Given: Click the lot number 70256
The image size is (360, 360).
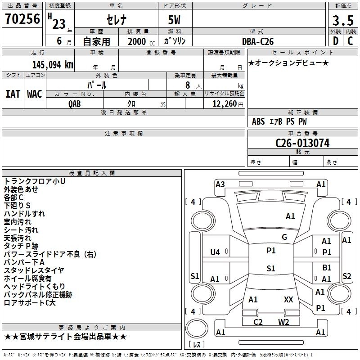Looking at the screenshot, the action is click(22, 19).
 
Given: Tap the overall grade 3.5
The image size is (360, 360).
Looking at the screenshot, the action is click(342, 21).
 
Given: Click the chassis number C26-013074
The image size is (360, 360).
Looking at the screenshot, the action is click(302, 143).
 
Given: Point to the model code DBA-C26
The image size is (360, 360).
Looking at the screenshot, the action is click(258, 41).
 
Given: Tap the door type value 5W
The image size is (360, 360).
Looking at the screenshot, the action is click(175, 20).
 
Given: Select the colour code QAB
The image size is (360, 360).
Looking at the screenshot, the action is click(75, 103).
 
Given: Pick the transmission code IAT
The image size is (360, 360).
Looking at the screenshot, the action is click(13, 94).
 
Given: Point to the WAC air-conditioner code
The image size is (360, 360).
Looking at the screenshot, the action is click(35, 94).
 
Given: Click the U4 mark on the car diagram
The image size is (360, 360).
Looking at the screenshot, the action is click(215, 252).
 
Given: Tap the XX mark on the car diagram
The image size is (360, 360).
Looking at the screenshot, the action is click(288, 299).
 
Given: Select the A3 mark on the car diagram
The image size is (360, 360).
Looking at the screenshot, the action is click(220, 184).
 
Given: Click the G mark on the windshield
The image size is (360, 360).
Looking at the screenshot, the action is click(284, 237).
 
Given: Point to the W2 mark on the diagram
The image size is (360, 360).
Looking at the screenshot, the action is click(283, 322).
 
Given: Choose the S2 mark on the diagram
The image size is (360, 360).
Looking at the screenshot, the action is click(347, 276).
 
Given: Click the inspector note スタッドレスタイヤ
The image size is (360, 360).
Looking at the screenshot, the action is click(34, 270).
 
